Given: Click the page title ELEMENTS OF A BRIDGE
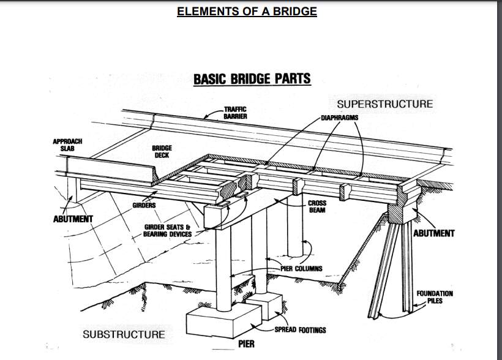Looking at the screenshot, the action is point(247,11).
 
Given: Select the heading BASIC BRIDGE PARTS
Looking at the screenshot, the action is point(252,79).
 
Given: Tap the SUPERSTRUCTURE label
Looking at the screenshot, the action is point(385,104).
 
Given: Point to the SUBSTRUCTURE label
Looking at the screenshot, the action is point(124,334).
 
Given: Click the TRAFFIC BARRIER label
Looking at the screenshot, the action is point(235,113).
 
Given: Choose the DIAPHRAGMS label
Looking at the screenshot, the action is point(340,118).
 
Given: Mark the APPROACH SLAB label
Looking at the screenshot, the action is point(67,144).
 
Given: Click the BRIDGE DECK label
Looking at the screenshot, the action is point(162,151).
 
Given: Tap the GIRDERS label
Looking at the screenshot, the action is point(144,205).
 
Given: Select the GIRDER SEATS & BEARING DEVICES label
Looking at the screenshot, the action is point(168,231).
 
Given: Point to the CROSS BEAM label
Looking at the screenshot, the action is point(317,206).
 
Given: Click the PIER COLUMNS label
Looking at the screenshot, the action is point(302,268).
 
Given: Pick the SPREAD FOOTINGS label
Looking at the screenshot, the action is point(301,330).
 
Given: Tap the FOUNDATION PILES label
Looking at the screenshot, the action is point(435,297).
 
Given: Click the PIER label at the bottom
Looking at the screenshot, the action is point(247,344).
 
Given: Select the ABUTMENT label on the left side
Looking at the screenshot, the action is point(73,219).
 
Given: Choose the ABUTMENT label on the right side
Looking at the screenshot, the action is point(434,233).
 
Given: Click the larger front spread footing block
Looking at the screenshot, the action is point(224,321).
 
